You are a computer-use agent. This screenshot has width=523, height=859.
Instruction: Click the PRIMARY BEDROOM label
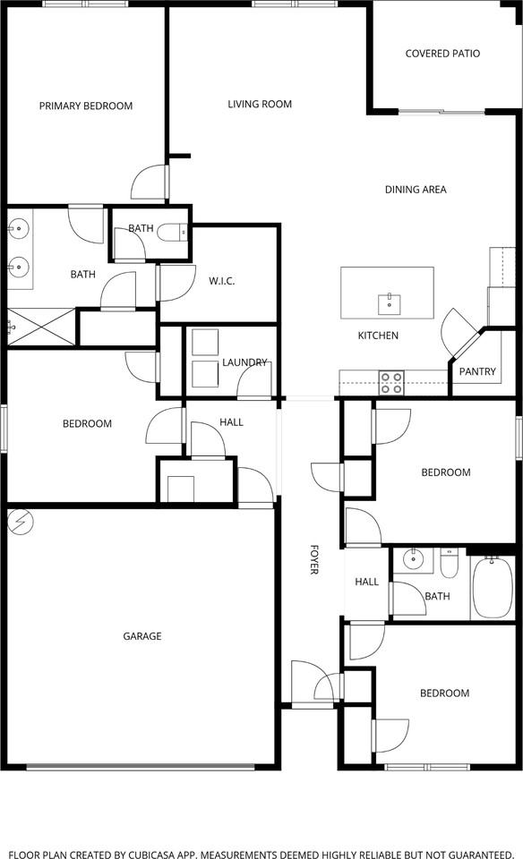click(86, 106)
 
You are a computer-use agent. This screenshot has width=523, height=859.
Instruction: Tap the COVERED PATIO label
click(442, 54)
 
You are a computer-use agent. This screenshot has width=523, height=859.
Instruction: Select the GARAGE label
click(142, 636)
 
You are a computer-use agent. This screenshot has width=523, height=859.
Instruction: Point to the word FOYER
click(314, 558)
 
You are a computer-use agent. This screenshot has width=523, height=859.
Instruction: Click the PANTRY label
click(477, 371)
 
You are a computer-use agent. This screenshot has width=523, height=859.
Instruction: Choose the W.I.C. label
click(221, 282)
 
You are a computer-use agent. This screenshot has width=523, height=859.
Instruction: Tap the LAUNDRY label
click(244, 362)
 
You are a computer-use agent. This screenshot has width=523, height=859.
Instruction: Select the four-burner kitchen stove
click(391, 383)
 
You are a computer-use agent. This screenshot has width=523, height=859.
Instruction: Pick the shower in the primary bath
click(39, 327)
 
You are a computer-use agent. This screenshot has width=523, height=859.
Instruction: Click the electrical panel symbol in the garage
click(19, 521)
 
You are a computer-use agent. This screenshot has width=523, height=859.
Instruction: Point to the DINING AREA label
click(416, 190)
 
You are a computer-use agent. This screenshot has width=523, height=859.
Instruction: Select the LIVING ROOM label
click(260, 105)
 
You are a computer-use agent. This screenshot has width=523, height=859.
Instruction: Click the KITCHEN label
click(378, 336)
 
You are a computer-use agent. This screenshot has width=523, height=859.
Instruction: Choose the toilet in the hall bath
click(450, 565)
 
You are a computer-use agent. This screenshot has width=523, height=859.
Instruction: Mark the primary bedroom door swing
click(148, 183)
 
